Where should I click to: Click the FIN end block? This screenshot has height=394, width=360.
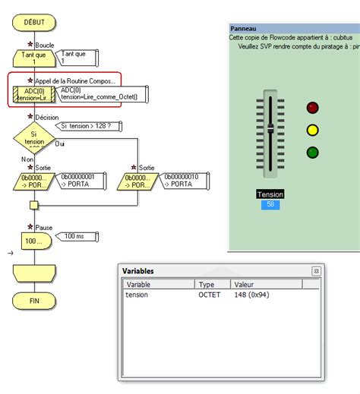coord(33,301)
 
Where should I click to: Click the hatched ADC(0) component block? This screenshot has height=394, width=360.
coord(33,95)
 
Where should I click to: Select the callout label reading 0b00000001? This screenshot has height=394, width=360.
coord(77,180)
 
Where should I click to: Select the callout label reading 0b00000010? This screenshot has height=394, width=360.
coord(182,180)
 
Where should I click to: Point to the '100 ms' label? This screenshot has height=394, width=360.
coord(74,236)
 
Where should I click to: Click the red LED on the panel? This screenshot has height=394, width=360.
coord(312,108)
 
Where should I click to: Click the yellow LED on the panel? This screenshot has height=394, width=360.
coord(312,130)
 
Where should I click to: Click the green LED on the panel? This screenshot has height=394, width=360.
coord(312,153)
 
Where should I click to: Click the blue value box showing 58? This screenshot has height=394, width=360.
coord(270,205)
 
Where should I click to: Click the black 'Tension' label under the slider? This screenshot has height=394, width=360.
coord(270,194)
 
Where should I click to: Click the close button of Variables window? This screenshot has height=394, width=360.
coord(316,271)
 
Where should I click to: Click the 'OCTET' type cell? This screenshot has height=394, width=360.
coord(209,295)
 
